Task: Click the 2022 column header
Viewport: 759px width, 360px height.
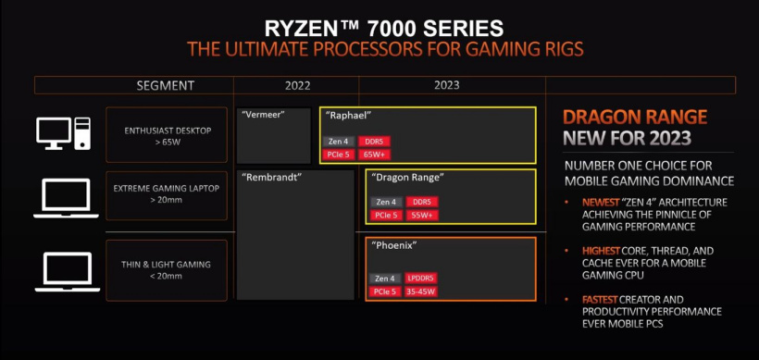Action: (x=297, y=85)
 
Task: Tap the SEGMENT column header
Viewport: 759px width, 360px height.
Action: (x=165, y=85)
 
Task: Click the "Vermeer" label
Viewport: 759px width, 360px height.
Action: (x=262, y=116)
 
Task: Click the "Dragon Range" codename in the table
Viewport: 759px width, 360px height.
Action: (x=406, y=177)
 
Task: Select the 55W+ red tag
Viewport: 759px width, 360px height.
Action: (x=422, y=215)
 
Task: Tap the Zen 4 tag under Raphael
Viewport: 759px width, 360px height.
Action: (x=337, y=141)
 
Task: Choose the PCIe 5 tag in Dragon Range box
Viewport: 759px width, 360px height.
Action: (x=386, y=215)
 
